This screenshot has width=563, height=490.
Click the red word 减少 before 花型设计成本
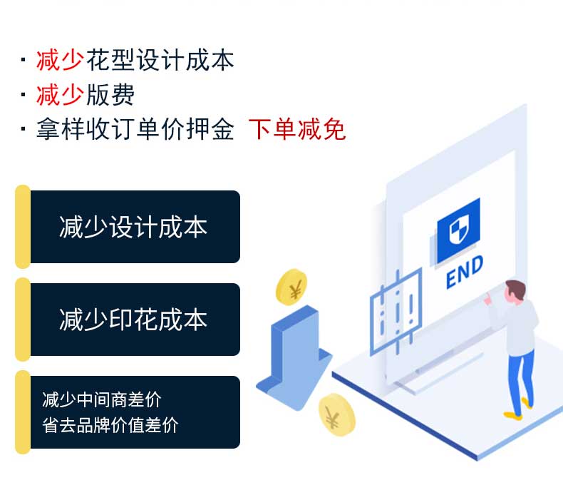click(60, 61)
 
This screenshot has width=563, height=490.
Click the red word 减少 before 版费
click(60, 95)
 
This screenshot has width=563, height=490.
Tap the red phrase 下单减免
click(296, 130)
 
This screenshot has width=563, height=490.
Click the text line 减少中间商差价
click(101, 399)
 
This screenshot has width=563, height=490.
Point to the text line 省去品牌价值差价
click(110, 426)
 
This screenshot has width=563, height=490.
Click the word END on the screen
click(464, 272)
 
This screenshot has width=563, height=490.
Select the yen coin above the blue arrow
click(291, 287)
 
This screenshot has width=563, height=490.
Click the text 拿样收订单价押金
click(135, 130)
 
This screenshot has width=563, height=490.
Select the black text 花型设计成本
click(160, 61)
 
